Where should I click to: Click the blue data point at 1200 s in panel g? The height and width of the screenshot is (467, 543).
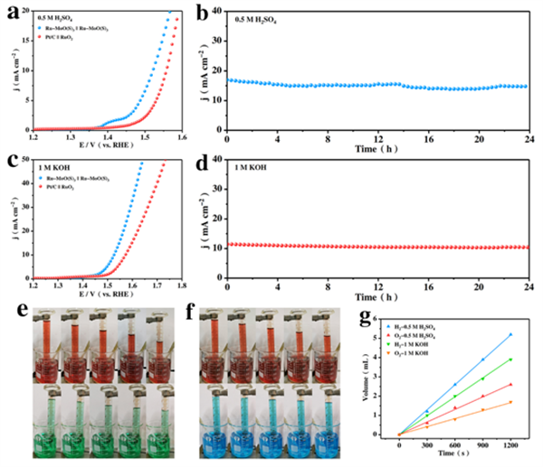click(510, 334)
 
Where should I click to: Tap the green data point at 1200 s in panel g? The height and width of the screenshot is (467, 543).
click(510, 360)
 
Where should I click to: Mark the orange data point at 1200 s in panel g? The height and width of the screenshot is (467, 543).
click(510, 402)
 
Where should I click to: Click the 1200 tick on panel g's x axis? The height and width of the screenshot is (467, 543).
click(510, 444)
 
